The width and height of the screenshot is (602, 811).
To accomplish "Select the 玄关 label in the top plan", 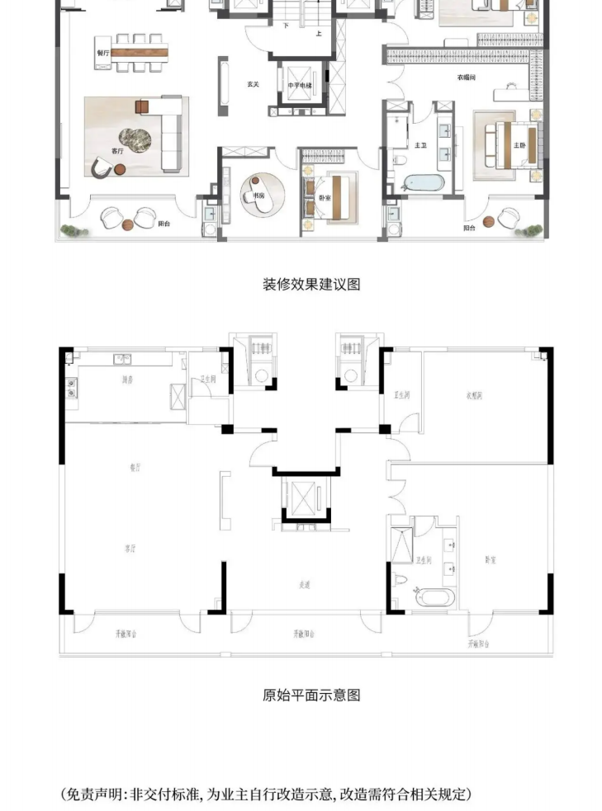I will click(x=254, y=85).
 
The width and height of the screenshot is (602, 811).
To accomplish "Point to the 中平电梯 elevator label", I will click(x=299, y=85).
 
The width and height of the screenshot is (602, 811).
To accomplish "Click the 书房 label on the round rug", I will click(x=248, y=196).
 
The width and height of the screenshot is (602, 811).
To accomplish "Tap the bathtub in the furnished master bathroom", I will click(x=420, y=183).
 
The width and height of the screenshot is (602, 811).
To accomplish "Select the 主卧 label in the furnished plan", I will click(x=519, y=145).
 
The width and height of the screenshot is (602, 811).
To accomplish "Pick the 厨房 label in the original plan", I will click(x=127, y=380).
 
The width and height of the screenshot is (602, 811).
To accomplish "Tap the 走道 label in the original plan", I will click(x=304, y=585).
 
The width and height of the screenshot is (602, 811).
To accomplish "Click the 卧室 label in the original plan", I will click(x=491, y=559).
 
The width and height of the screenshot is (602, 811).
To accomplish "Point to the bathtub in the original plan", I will click(x=432, y=596).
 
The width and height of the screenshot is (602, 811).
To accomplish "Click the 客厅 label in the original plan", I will click(x=130, y=546).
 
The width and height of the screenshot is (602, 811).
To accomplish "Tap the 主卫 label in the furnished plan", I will click(x=420, y=145).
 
